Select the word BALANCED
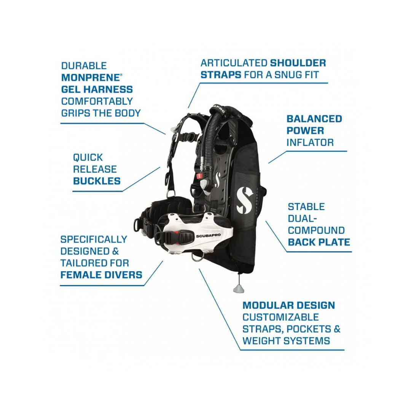pos(314,119)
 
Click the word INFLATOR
pos(310,142)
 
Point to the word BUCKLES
pos(97,181)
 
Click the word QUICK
pos(88,158)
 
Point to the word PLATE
pos(334,242)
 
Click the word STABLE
pos(306,207)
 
